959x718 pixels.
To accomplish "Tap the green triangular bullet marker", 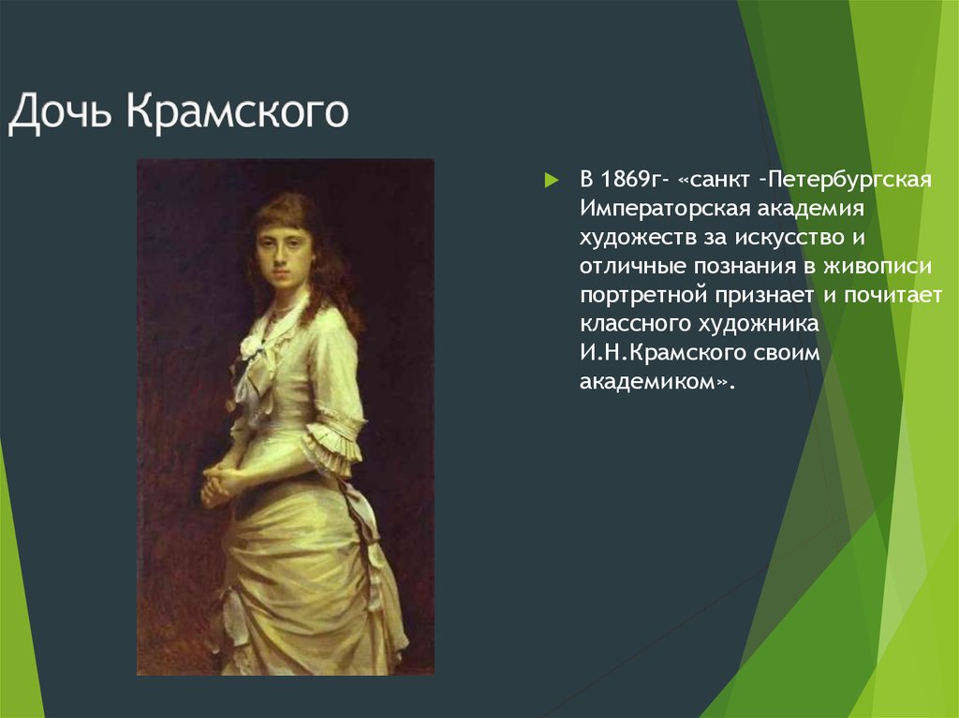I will click(551, 180).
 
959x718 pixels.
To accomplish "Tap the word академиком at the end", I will click(647, 382).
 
